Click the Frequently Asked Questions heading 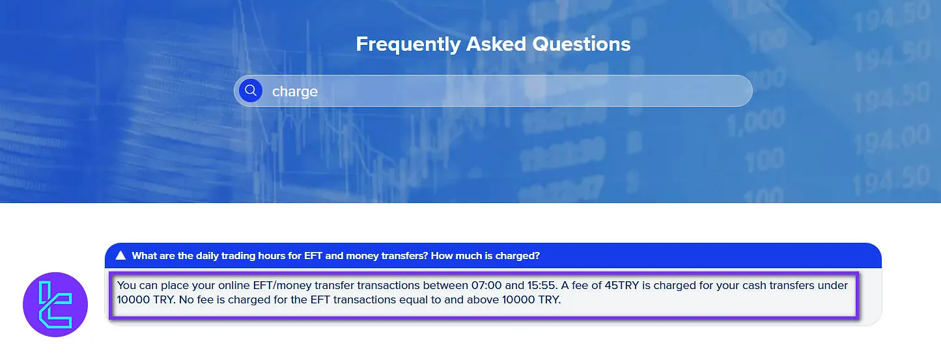pyautogui.click(x=493, y=44)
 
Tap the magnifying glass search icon pyautogui.click(x=251, y=90)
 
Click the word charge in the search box pyautogui.click(x=294, y=91)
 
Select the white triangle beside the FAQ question pyautogui.click(x=120, y=256)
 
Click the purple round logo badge pyautogui.click(x=55, y=305)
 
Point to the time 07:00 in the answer pyautogui.click(x=484, y=285)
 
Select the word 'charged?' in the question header pyautogui.click(x=517, y=256)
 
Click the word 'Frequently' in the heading pyautogui.click(x=408, y=44)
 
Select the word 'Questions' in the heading pyautogui.click(x=582, y=44)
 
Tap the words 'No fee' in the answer pyautogui.click(x=193, y=300)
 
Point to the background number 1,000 pyautogui.click(x=755, y=122)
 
